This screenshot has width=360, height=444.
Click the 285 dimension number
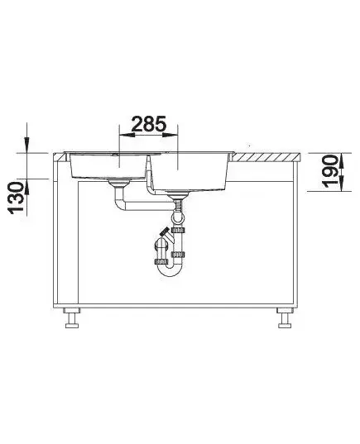pos(148,124)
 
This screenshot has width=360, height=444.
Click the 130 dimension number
pos(17,198)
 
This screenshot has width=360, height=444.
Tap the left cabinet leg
pos(72,318)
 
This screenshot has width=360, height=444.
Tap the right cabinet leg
pos(285,318)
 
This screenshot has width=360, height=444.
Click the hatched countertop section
pos(266,157)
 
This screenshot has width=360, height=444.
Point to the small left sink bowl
pos(108,166)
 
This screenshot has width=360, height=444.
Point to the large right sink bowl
pos(189,172)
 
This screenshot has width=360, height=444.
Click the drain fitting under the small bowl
pos(119,184)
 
